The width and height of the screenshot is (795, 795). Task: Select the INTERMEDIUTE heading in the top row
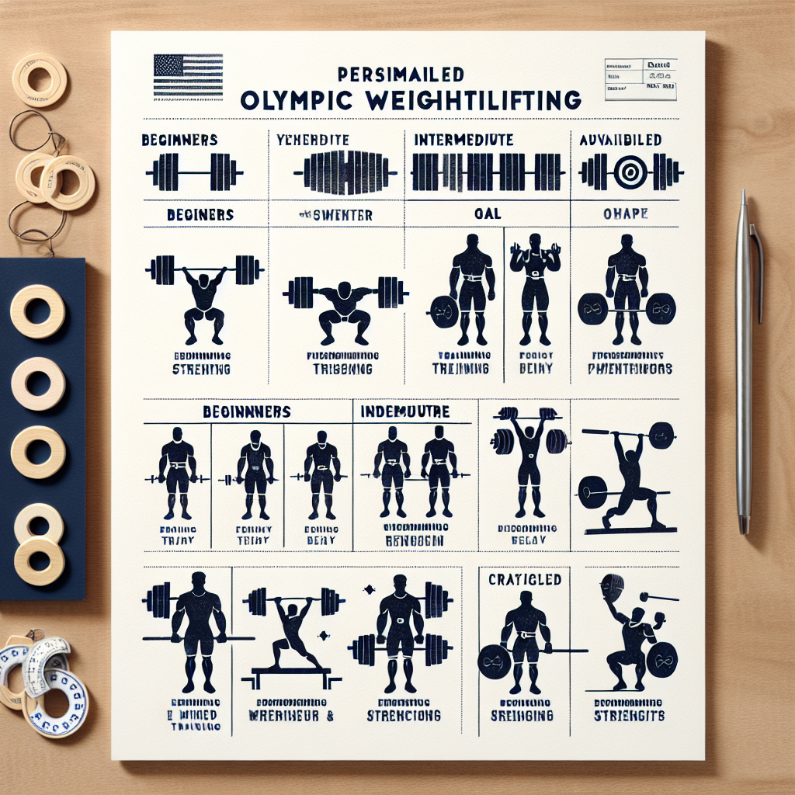(x=463, y=141)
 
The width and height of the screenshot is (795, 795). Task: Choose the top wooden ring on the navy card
(x=36, y=311)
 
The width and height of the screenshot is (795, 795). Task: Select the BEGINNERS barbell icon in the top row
(x=194, y=172)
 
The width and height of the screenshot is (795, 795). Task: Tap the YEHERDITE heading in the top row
(x=312, y=141)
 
